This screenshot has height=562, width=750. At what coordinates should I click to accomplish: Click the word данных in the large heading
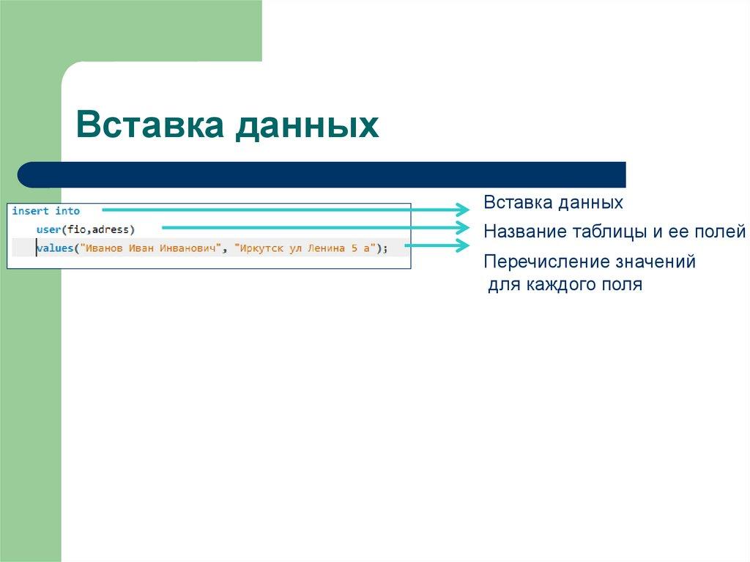(x=307, y=125)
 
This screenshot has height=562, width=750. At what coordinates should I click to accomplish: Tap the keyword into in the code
(x=67, y=211)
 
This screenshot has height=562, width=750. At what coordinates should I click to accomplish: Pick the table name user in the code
(x=48, y=229)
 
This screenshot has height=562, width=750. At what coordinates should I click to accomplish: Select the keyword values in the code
(x=56, y=248)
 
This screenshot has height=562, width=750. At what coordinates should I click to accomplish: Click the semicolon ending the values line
(x=385, y=248)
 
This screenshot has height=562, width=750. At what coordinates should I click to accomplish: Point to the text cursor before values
(x=36, y=248)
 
